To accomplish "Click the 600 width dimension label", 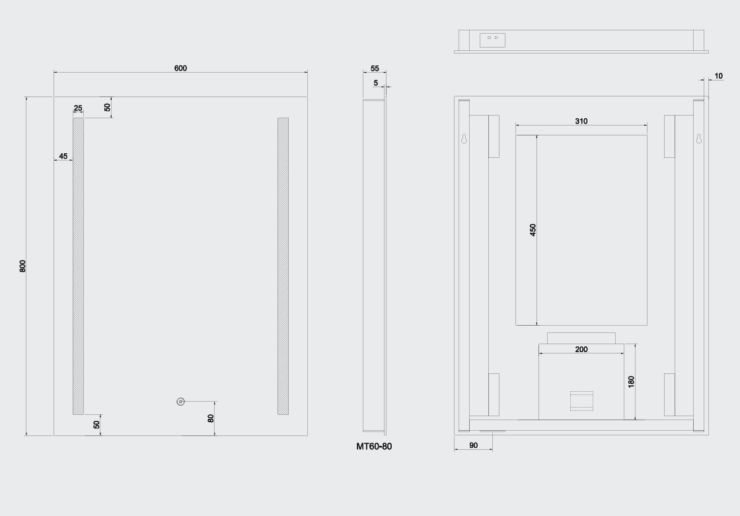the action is coord(180,68).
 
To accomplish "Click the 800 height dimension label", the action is coord(22,266).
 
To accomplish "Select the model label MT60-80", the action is coord(374,446).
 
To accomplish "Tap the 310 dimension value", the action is coord(581,121).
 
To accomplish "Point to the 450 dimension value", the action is coord(533,230).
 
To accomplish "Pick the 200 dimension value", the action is coord(581,349).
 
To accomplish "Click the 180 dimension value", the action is coord(631,381).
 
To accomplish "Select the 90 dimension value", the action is coord(474,445).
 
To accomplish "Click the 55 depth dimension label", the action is coord(375,68).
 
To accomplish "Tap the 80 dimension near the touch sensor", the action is coord(211,418).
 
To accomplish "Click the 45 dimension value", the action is coord(63,156).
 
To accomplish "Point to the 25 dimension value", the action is coord(78,108).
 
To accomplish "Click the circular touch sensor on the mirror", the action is coord(180,402).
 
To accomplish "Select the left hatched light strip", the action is coord(78,266).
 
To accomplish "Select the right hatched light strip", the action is coord(283,266).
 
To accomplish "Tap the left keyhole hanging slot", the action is coord(464,139).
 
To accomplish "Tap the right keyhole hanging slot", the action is coord(698,139).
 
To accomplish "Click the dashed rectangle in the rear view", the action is coord(581,400).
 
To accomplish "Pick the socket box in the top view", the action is coord(492,40).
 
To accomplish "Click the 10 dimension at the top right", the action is coord(718,76).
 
